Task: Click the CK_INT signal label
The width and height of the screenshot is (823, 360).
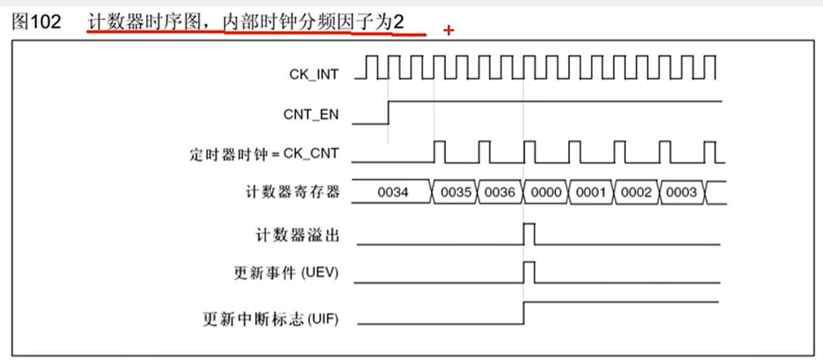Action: [314, 75]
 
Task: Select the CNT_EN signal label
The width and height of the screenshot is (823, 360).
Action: [311, 115]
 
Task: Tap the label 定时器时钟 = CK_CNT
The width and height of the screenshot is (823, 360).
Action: [264, 155]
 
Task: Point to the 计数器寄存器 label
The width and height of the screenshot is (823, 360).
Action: [292, 192]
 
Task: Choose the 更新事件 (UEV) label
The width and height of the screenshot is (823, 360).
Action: [285, 274]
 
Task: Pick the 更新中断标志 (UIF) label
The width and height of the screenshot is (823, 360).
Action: [271, 317]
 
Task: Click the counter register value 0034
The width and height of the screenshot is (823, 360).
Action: [392, 192]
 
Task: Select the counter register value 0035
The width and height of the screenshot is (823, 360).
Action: [456, 192]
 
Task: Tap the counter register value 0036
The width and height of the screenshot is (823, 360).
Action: [500, 192]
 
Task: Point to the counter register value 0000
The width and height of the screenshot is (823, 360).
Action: [546, 192]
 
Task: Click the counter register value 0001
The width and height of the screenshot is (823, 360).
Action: [591, 192]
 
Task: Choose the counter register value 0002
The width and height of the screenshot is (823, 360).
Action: [636, 192]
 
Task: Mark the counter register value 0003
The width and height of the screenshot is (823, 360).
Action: [681, 192]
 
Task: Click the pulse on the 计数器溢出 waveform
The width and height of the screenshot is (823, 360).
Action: [530, 234]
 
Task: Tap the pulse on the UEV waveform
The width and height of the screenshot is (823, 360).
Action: [530, 273]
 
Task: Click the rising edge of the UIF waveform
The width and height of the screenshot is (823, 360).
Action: [524, 314]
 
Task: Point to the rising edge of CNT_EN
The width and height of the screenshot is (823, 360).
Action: [389, 113]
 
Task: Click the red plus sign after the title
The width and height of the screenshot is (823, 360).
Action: [449, 31]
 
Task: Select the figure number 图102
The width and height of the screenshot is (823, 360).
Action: [37, 22]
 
